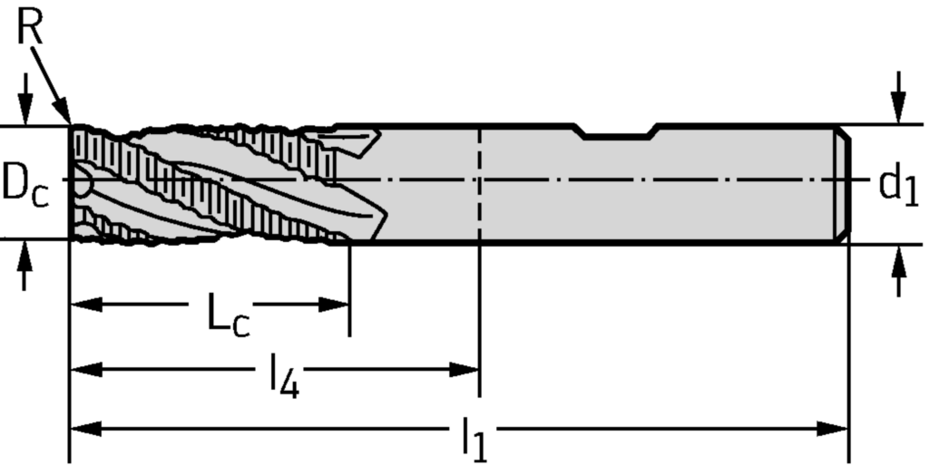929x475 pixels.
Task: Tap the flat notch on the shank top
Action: pyautogui.click(x=619, y=136)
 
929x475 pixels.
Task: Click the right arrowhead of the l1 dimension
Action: pyautogui.click(x=838, y=428)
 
